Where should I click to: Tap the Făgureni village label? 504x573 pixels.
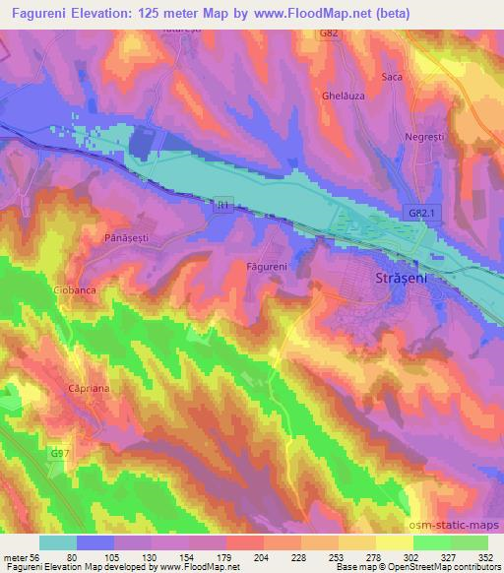pos(265,266)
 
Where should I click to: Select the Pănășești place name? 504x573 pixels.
pos(126,237)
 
